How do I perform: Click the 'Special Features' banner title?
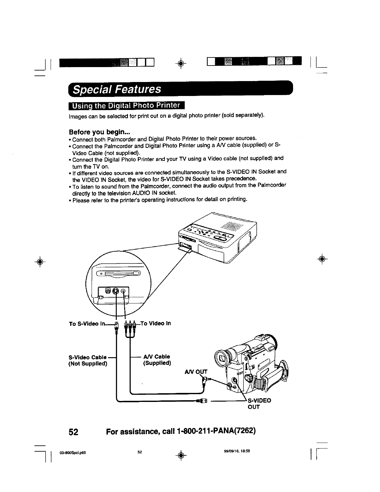coord(117,89)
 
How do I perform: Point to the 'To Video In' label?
coord(156,323)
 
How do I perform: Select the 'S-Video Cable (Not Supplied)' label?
coord(88,360)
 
